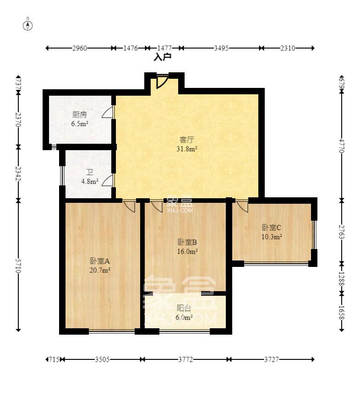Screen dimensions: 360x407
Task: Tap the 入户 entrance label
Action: (x=163, y=57)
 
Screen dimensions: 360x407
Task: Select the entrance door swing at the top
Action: (x=162, y=81)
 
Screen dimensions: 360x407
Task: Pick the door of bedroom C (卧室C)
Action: (x=242, y=206)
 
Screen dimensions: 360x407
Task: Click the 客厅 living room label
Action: (x=187, y=140)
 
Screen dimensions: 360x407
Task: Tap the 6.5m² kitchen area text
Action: (x=80, y=124)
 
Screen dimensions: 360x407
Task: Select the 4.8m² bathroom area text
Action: (x=90, y=181)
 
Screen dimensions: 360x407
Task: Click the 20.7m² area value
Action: (x=100, y=270)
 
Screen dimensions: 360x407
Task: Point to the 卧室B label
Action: (x=187, y=242)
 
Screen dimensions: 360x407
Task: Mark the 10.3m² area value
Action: (x=272, y=237)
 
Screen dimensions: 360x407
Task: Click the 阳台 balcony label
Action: (x=184, y=308)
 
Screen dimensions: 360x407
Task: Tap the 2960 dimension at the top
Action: (x=80, y=48)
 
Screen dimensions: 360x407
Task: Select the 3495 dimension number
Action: (x=221, y=48)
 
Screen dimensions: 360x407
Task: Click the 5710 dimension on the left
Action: (x=18, y=266)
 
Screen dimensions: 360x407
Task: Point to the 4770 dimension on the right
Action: (x=342, y=146)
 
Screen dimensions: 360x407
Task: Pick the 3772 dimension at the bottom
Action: (x=185, y=359)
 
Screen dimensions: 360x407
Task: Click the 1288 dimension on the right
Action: (x=342, y=279)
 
